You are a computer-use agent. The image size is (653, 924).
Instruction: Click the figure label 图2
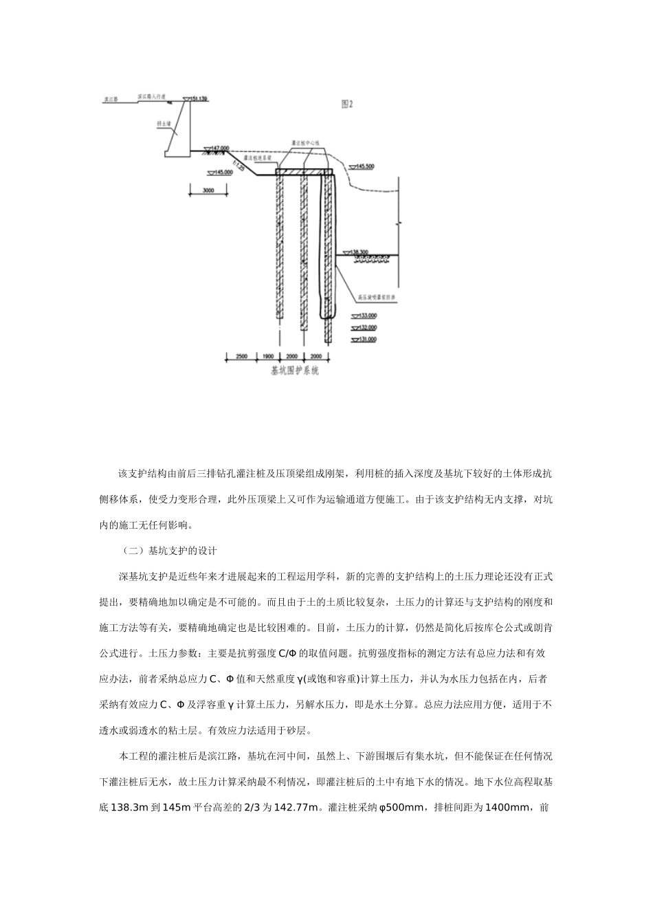(x=348, y=104)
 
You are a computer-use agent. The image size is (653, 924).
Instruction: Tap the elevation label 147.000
(x=220, y=148)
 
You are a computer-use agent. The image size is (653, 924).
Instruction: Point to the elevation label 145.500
(x=364, y=166)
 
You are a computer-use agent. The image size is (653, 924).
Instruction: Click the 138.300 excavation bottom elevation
(x=360, y=252)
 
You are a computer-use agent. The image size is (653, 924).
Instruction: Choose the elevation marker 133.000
(x=366, y=316)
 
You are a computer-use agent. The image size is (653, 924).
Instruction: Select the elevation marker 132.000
(x=366, y=327)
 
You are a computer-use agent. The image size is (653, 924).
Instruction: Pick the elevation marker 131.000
(x=366, y=340)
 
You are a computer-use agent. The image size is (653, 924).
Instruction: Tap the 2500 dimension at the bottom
(x=241, y=357)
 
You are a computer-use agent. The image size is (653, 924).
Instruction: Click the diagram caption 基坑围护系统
(x=295, y=372)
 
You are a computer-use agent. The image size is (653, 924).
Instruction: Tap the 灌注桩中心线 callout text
(x=307, y=143)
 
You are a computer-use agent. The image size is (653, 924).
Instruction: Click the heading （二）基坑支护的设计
(x=168, y=551)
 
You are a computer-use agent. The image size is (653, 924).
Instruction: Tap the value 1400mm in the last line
(x=508, y=808)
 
